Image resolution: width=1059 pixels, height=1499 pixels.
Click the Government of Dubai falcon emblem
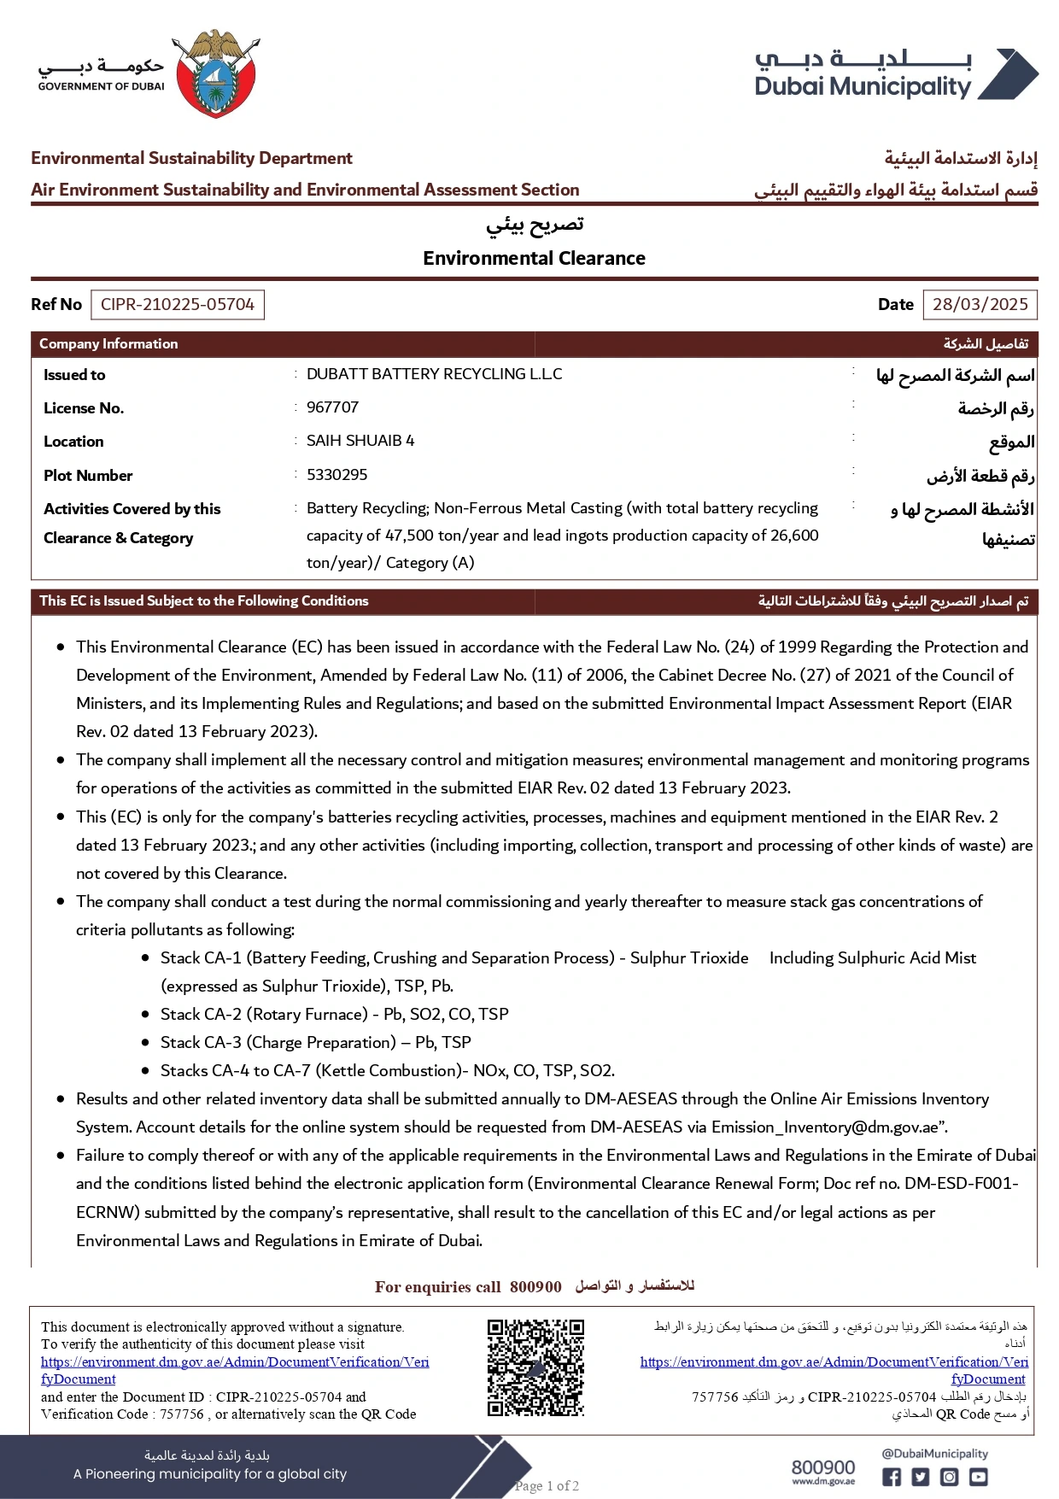[215, 73]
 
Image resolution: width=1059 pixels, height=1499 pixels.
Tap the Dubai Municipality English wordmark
[863, 87]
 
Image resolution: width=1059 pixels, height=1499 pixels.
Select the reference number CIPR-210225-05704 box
[178, 305]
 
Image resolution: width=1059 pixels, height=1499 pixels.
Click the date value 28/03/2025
[980, 305]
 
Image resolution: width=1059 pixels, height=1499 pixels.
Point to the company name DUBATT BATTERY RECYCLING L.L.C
[434, 374]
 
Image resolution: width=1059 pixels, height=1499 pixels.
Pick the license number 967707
[332, 407]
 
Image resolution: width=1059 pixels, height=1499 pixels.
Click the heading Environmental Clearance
[534, 258]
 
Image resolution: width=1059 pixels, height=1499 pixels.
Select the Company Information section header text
[108, 344]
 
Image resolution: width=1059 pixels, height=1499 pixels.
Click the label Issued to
[74, 375]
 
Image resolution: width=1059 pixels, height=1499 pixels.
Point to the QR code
[535, 1367]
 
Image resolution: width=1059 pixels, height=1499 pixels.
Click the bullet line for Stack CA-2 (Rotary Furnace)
[334, 1015]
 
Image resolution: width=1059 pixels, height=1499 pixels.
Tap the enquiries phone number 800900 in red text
[535, 1287]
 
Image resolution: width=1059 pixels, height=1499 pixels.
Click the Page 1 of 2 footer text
[547, 1486]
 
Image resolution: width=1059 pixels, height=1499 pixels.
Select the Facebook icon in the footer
[891, 1477]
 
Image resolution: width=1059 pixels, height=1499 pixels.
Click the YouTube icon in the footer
[979, 1477]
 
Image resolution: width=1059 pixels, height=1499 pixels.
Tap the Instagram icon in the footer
[950, 1477]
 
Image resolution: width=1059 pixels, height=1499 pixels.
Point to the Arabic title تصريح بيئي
[535, 225]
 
